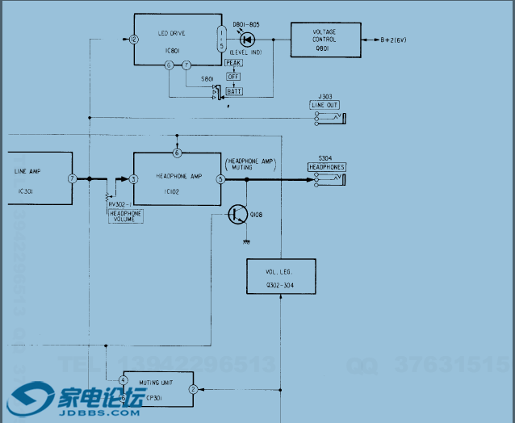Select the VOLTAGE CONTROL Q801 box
click(325, 39)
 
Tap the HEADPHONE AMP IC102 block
click(175, 179)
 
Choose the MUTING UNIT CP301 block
click(157, 389)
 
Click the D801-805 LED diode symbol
click(248, 40)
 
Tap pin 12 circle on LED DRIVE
click(132, 39)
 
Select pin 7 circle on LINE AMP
click(72, 178)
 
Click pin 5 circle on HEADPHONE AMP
click(220, 179)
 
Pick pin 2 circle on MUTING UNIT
click(192, 389)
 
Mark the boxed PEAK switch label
click(234, 63)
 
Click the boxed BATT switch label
click(234, 91)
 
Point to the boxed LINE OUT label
click(325, 106)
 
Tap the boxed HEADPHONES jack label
click(326, 167)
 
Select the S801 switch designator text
click(207, 79)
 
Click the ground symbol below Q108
click(245, 241)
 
